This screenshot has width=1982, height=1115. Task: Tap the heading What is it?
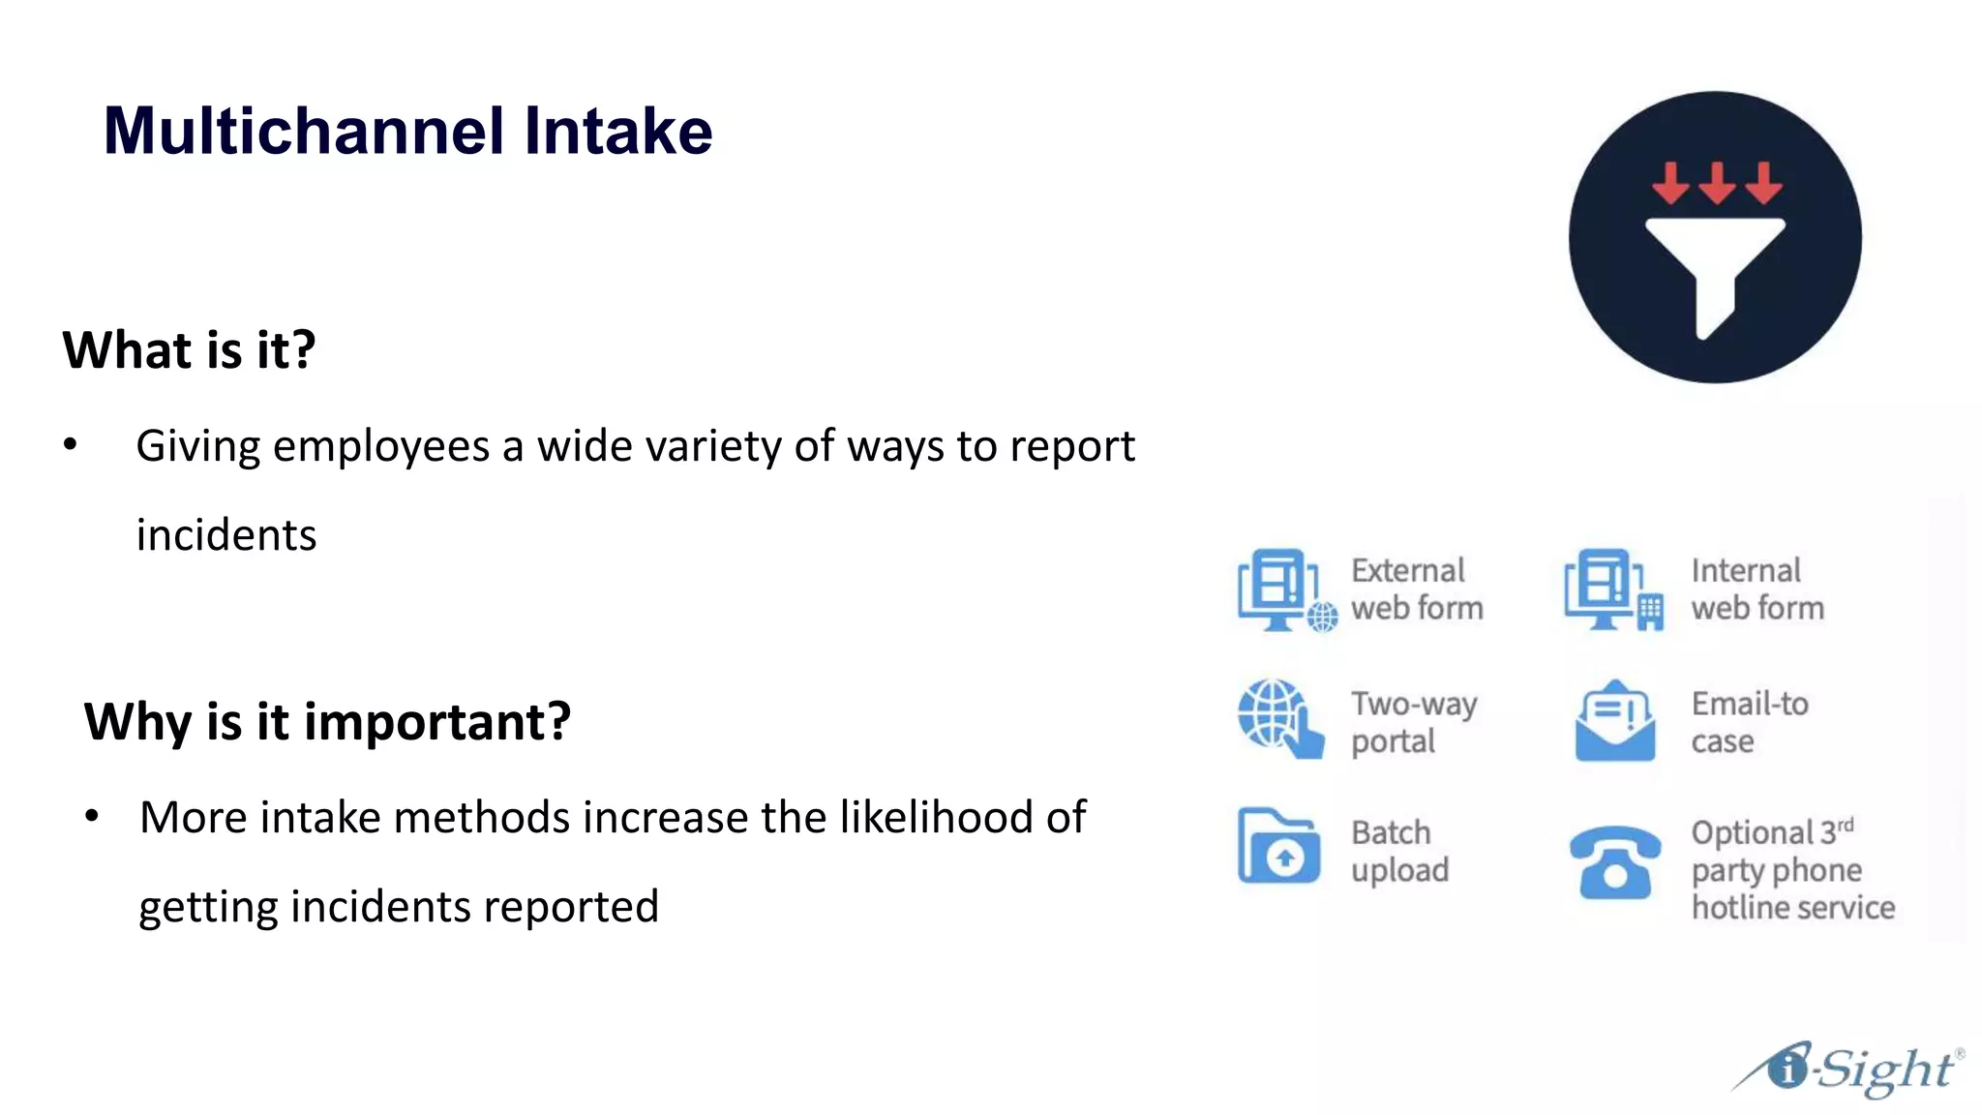(x=189, y=349)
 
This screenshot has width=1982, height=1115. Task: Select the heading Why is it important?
(x=327, y=721)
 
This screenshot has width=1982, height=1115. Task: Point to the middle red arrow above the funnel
(x=1717, y=182)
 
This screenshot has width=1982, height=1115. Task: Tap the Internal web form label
(x=1757, y=588)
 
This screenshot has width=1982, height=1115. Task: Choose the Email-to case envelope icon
(x=1614, y=721)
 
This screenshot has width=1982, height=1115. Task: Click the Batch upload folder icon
(x=1278, y=847)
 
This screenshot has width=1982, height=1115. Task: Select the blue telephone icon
(x=1614, y=861)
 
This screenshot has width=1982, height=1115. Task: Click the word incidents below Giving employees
(x=226, y=535)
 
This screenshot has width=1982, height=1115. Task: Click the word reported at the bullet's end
(x=571, y=907)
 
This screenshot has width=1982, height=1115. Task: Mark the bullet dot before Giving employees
(x=70, y=445)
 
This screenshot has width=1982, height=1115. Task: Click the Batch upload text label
(x=1398, y=851)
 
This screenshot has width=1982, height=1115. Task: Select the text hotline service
(x=1792, y=908)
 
